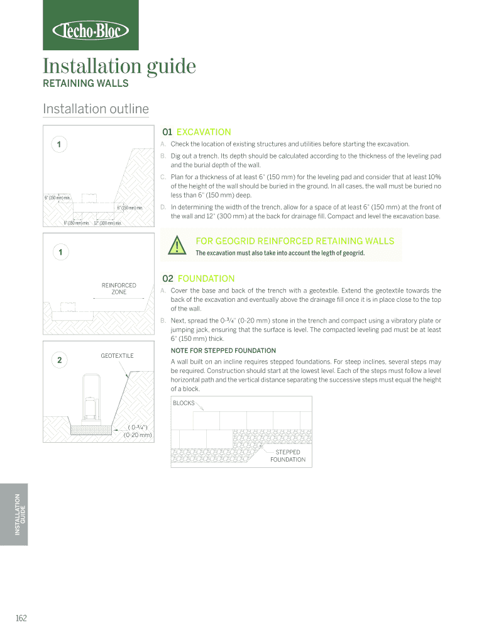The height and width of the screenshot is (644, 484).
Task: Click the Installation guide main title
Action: point(119,66)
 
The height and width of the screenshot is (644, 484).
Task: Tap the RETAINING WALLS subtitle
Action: point(85,84)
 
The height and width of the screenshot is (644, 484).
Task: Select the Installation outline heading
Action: point(96,109)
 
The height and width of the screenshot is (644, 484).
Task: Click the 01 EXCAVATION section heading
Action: point(197,132)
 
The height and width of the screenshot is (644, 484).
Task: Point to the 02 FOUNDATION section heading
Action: point(199,278)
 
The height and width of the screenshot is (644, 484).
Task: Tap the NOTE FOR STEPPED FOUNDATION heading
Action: point(223,350)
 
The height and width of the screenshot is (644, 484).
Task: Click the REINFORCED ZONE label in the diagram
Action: point(119,289)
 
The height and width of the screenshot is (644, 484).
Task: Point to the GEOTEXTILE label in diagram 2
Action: point(117,356)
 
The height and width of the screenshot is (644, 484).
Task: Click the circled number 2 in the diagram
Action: point(59,360)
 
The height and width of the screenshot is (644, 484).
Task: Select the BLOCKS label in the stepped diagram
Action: point(184,403)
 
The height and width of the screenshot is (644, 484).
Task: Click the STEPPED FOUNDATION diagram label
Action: point(288,456)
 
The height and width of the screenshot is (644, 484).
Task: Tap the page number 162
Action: point(21,618)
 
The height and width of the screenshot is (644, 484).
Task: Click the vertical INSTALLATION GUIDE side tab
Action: point(21,514)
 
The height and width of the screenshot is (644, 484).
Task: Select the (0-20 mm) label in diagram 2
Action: point(138,435)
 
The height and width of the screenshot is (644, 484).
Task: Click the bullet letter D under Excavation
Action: point(163,207)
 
